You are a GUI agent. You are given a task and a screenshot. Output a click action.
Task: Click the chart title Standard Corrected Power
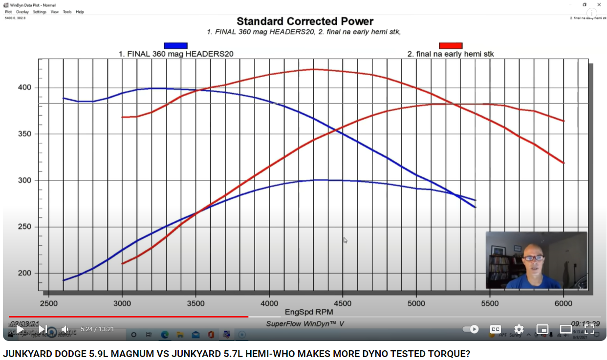coord(305,21)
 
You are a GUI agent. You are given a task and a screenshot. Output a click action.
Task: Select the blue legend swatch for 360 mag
coord(175,46)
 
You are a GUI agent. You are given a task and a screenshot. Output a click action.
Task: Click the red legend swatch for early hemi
coord(450,46)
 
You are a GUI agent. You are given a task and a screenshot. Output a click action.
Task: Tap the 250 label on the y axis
coord(25,227)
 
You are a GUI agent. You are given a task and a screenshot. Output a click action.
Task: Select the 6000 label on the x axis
coord(564,303)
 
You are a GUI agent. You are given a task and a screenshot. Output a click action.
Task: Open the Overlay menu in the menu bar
coord(22,12)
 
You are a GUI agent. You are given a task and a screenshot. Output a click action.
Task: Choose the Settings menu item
coord(40,12)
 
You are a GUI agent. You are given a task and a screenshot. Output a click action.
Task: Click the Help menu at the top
coord(80,12)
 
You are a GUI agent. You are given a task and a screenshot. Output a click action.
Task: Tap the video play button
coord(20,329)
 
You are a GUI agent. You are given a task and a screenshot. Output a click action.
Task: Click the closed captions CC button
coord(495,329)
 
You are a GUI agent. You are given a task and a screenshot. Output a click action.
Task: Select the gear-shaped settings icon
coord(519,329)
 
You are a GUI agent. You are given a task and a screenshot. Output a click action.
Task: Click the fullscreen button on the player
coord(589,329)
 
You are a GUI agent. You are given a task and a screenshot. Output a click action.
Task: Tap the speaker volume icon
coord(65,329)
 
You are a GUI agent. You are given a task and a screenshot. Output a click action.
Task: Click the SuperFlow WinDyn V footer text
coord(305,323)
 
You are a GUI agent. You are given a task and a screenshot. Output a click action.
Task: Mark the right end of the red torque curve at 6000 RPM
coord(564,163)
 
